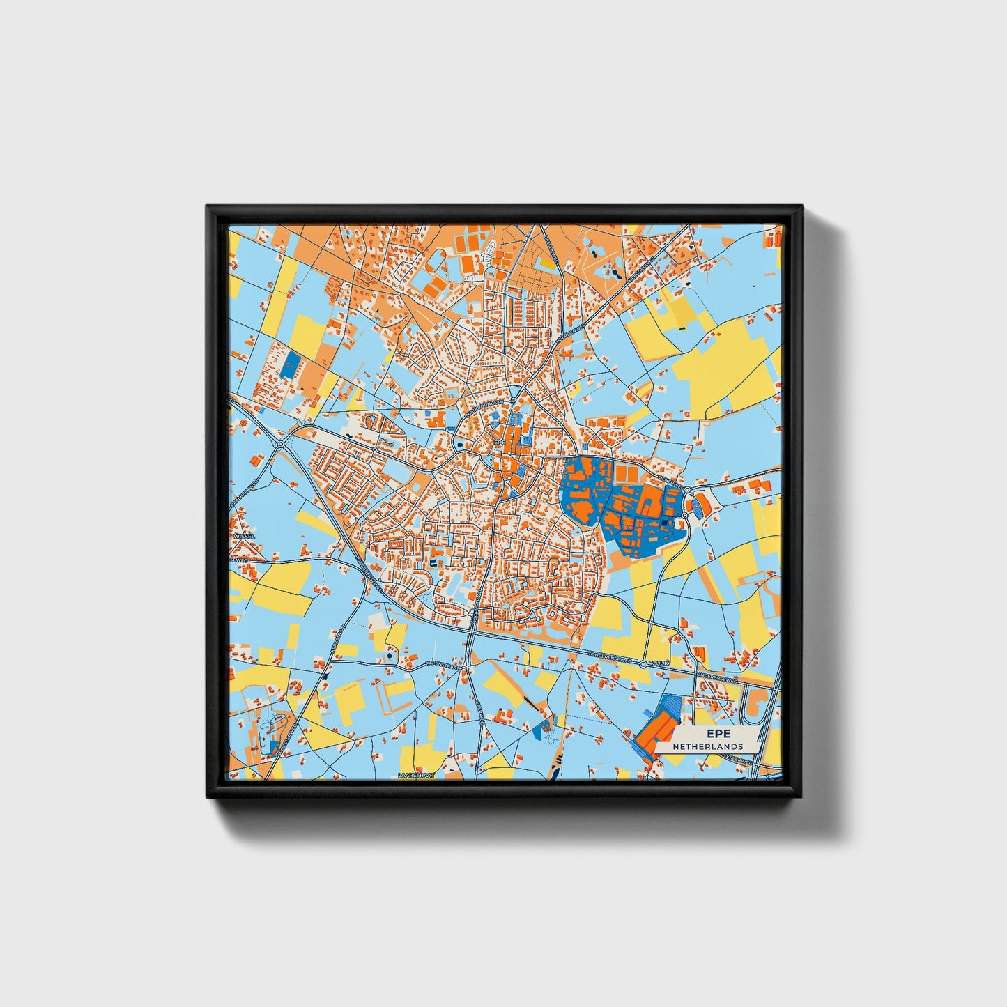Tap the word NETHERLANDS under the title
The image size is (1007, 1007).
point(707,746)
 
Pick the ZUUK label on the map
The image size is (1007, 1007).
point(660,665)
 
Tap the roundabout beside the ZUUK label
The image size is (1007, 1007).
point(643,666)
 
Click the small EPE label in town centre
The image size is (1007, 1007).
point(498,442)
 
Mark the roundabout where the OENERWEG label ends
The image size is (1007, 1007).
point(687,490)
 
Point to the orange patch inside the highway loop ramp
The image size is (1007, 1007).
point(753,708)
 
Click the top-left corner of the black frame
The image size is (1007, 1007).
point(208,208)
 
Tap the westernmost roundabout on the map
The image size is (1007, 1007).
point(280,444)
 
